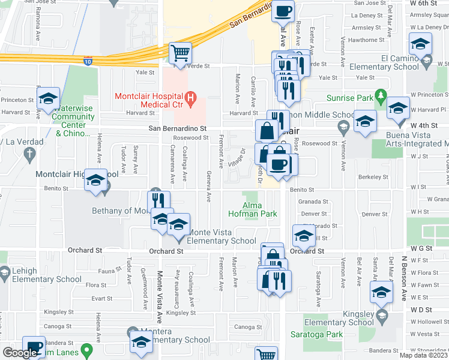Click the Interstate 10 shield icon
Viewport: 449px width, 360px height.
pos(88,61)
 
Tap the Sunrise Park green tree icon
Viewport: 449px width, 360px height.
pos(380,96)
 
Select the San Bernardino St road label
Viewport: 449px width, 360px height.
pos(178,128)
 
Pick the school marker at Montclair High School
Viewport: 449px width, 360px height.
pos(95,181)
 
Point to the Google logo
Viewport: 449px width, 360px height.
pos(20,353)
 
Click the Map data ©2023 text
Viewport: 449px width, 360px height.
pos(424,355)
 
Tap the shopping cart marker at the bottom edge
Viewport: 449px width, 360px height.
pos(265,354)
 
